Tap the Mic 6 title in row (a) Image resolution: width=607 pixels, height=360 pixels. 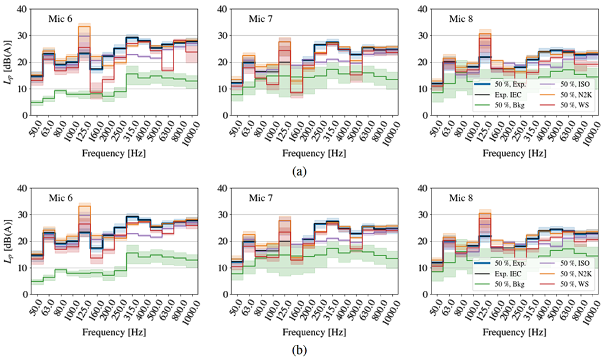pos(62,19)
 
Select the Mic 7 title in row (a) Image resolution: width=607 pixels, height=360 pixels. pos(260,19)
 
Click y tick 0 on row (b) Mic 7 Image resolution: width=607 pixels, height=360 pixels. pos(222,294)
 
